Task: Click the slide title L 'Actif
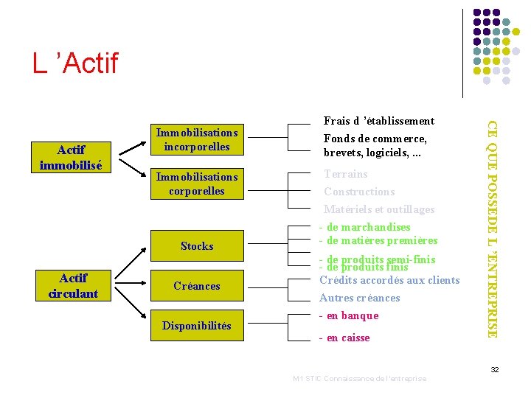point(74,63)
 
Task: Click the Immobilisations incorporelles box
point(197,139)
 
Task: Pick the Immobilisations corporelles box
point(197,184)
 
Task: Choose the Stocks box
point(197,246)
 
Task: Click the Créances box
point(197,286)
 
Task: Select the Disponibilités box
point(197,326)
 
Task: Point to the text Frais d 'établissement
point(379,121)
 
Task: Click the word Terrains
point(346,174)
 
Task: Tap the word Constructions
point(359,192)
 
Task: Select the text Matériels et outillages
point(379,209)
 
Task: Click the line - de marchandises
point(364,227)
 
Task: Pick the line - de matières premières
point(378,240)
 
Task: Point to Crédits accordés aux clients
point(389,280)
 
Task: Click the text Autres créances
point(359,298)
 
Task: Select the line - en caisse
point(344,338)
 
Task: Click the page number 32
point(496,369)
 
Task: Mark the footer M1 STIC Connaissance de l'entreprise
point(359,379)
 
